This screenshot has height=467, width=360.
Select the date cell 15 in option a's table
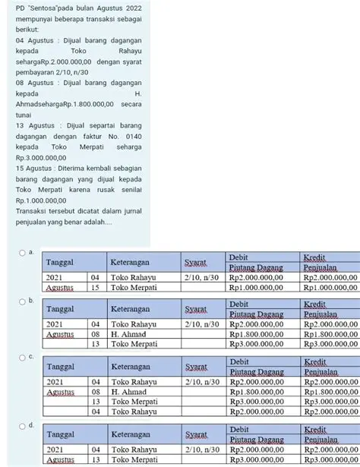coord(96,288)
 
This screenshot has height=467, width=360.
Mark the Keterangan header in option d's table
coord(137,437)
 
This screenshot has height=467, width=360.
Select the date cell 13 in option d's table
coord(96,460)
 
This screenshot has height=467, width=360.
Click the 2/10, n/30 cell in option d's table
coord(201,450)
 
